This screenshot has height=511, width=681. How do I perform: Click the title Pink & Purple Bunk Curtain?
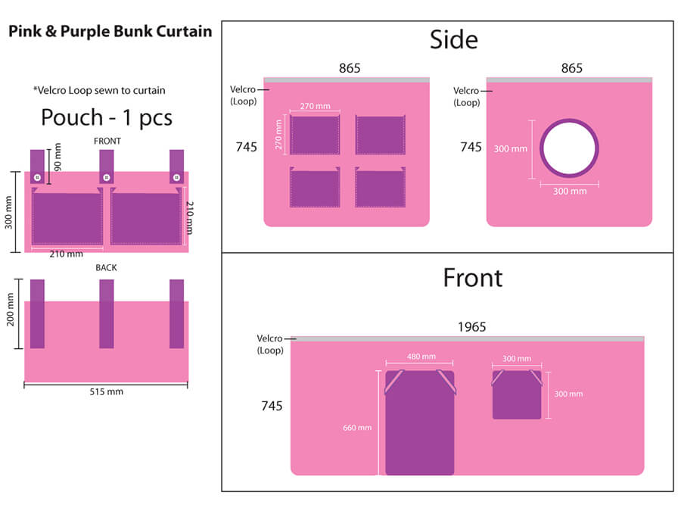110,31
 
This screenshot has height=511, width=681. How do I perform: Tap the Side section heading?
454,39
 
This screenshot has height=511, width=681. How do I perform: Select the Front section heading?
472,278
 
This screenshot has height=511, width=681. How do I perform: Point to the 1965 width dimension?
471,327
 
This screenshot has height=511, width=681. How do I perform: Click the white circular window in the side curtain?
569,148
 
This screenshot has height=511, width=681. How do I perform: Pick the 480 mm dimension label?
421,357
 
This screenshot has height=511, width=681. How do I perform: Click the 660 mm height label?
357,428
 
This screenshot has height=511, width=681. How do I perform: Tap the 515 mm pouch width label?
107,391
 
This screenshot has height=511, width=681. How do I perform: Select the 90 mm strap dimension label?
58,157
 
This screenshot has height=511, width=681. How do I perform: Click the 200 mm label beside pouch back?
10,310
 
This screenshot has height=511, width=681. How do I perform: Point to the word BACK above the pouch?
106,268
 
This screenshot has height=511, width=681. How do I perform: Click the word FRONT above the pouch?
107,142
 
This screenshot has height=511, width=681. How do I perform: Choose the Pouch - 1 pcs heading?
107,117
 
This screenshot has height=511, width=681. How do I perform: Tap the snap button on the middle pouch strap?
107,177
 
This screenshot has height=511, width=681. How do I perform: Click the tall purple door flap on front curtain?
420,422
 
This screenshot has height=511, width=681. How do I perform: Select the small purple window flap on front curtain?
517,394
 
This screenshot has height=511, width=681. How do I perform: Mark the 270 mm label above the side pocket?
315,106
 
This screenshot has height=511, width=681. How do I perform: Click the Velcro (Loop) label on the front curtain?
269,344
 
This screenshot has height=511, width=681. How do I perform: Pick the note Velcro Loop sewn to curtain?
99,90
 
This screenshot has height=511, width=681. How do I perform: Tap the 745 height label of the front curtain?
272,406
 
